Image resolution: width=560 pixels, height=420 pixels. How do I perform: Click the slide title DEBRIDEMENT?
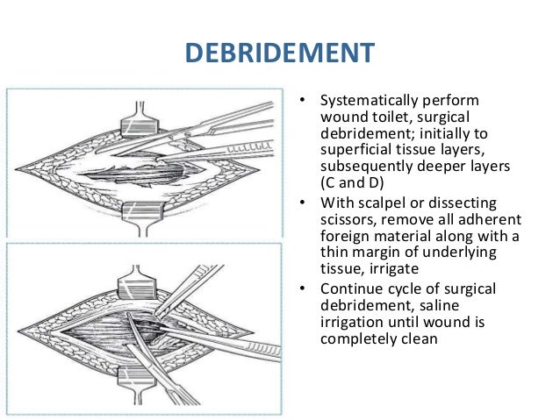tap(279, 54)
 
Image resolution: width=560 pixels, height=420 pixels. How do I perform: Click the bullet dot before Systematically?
tap(301, 103)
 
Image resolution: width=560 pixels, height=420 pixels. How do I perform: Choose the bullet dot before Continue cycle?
tap(301, 290)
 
